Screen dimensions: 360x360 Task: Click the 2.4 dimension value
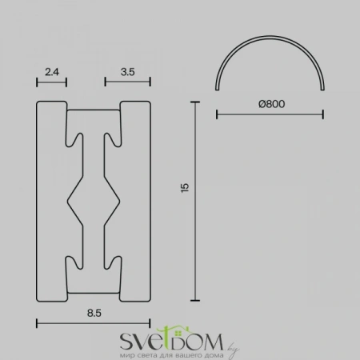(x=52, y=72)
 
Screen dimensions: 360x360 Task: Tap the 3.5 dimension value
(x=128, y=72)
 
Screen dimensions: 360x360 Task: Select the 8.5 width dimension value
(x=94, y=313)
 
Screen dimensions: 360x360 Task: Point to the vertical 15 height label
(x=185, y=188)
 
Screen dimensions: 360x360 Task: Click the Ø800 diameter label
(x=272, y=104)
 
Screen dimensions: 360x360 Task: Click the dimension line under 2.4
(x=51, y=82)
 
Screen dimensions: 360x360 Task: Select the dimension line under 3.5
(x=128, y=82)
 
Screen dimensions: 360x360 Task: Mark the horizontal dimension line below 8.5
(x=94, y=323)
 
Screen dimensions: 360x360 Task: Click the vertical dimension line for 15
(x=195, y=201)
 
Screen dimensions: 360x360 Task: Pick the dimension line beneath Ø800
(x=270, y=114)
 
